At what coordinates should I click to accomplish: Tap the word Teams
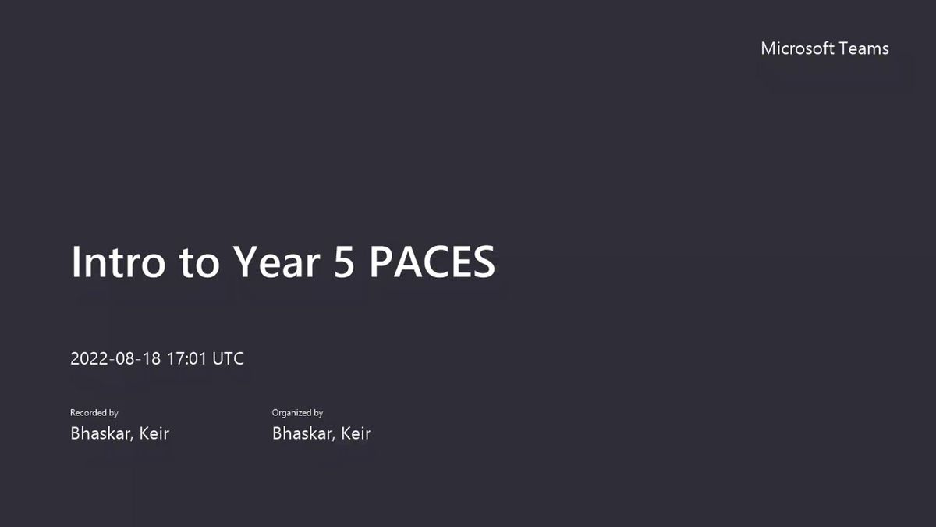click(x=863, y=48)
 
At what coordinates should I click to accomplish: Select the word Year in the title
click(x=276, y=262)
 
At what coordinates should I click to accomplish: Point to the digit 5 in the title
click(x=344, y=262)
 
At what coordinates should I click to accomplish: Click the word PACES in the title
click(x=432, y=262)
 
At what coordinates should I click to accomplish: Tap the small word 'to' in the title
click(x=199, y=264)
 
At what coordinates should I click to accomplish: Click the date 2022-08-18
click(x=115, y=358)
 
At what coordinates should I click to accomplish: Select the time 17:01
click(x=186, y=358)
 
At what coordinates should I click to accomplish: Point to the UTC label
click(x=228, y=358)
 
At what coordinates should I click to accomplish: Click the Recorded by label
click(x=94, y=413)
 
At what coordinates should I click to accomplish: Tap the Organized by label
click(x=297, y=413)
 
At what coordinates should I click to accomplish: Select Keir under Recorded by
click(x=154, y=433)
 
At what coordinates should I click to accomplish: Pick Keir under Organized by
click(x=356, y=433)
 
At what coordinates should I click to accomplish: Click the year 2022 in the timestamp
click(x=89, y=358)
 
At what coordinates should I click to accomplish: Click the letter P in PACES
click(x=381, y=262)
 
